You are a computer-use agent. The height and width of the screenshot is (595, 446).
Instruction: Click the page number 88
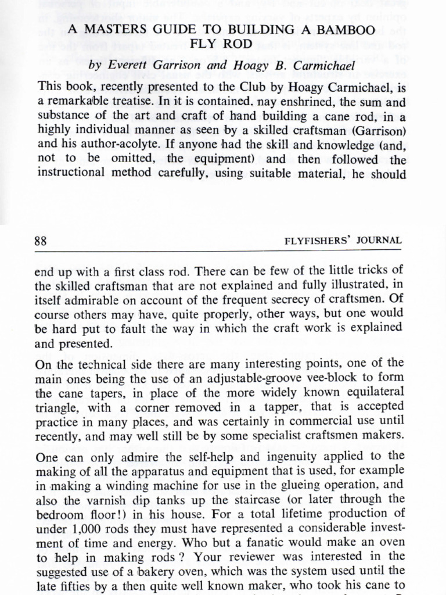coord(41,240)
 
